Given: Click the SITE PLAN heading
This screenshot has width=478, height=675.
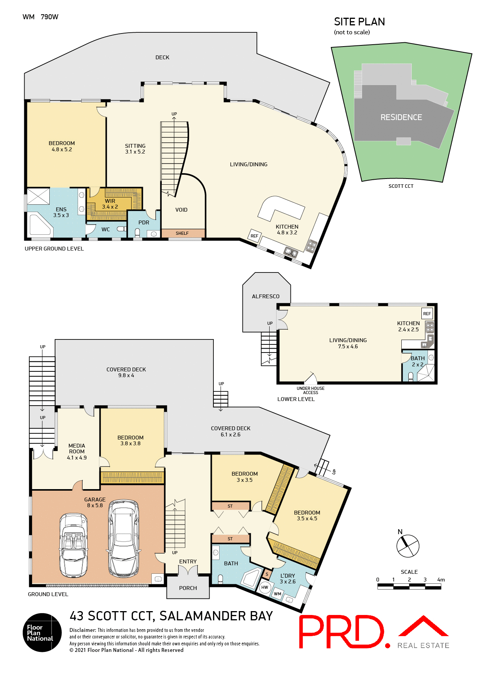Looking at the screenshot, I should (x=359, y=22).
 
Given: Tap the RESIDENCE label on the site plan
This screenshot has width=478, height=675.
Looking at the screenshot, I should (x=401, y=117).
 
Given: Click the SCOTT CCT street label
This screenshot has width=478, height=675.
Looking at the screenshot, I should (x=401, y=186).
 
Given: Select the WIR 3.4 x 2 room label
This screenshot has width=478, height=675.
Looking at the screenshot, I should (x=110, y=204).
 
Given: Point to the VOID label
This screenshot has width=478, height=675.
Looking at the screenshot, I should (x=181, y=210).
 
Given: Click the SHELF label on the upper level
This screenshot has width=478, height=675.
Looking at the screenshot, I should (x=182, y=233).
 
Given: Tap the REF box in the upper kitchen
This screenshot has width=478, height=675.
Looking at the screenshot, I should (x=254, y=236).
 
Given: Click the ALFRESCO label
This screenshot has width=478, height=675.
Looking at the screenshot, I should (x=265, y=297).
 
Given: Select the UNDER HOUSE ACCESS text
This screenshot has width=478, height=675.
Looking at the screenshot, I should (x=310, y=391).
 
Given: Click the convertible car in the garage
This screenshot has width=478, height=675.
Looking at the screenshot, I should (x=73, y=545).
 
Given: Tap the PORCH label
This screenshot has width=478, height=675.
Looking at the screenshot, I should (x=188, y=588).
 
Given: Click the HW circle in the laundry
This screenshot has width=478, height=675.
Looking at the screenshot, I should (x=265, y=587).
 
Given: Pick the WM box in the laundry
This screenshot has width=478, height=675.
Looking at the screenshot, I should (x=278, y=594).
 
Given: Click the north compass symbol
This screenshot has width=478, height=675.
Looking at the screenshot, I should (x=408, y=545).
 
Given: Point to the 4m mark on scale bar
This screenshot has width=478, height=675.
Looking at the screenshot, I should (x=441, y=580).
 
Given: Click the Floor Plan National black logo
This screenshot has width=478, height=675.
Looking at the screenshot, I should (x=42, y=632).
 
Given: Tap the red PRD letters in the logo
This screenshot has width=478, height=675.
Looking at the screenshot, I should (x=341, y=632).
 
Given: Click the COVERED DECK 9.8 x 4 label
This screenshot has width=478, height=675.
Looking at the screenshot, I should (x=126, y=372).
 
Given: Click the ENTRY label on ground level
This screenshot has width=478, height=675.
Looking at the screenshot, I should (x=188, y=561).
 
